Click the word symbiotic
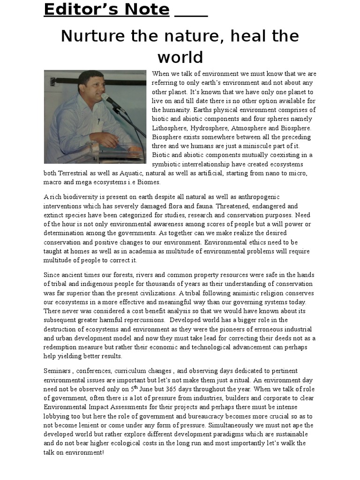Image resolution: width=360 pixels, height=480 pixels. (168, 164)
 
